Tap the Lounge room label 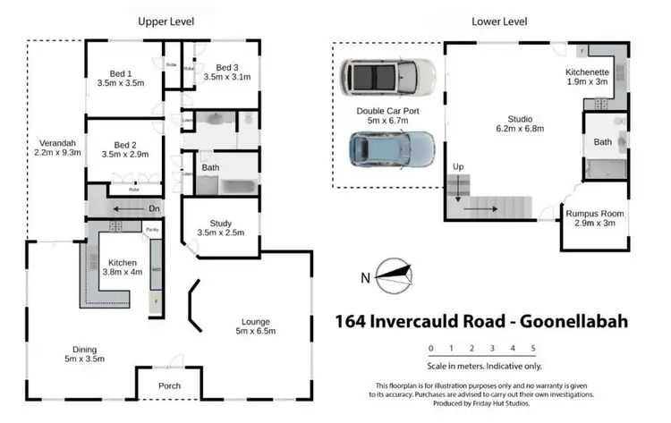255,321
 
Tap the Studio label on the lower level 520,118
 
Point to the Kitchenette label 587,72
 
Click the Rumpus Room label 593,214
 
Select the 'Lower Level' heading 498,21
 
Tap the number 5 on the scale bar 532,349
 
